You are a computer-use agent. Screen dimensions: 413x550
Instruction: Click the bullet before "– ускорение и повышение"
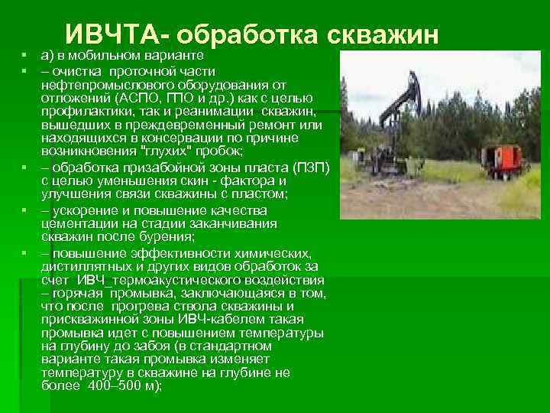[24, 210]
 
